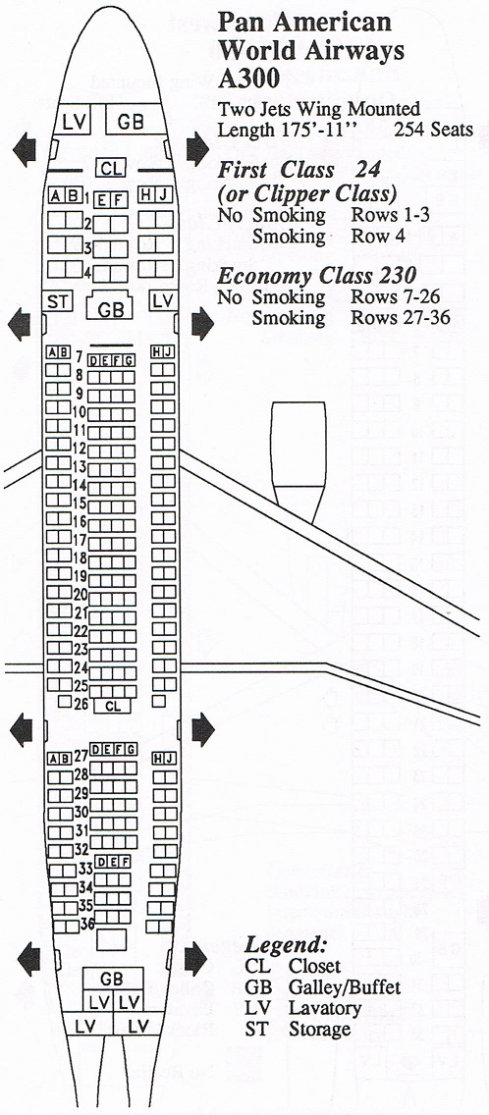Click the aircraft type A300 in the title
click(249, 78)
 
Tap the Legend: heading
click(286, 945)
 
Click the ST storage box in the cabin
click(57, 301)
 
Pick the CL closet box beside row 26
click(113, 706)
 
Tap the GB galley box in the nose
click(131, 121)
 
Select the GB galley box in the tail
click(112, 980)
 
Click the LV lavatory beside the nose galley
click(74, 122)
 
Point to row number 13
click(80, 467)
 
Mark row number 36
click(86, 924)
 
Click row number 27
click(81, 755)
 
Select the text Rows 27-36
click(400, 317)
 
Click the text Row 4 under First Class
click(377, 237)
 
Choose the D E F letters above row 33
click(113, 862)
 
